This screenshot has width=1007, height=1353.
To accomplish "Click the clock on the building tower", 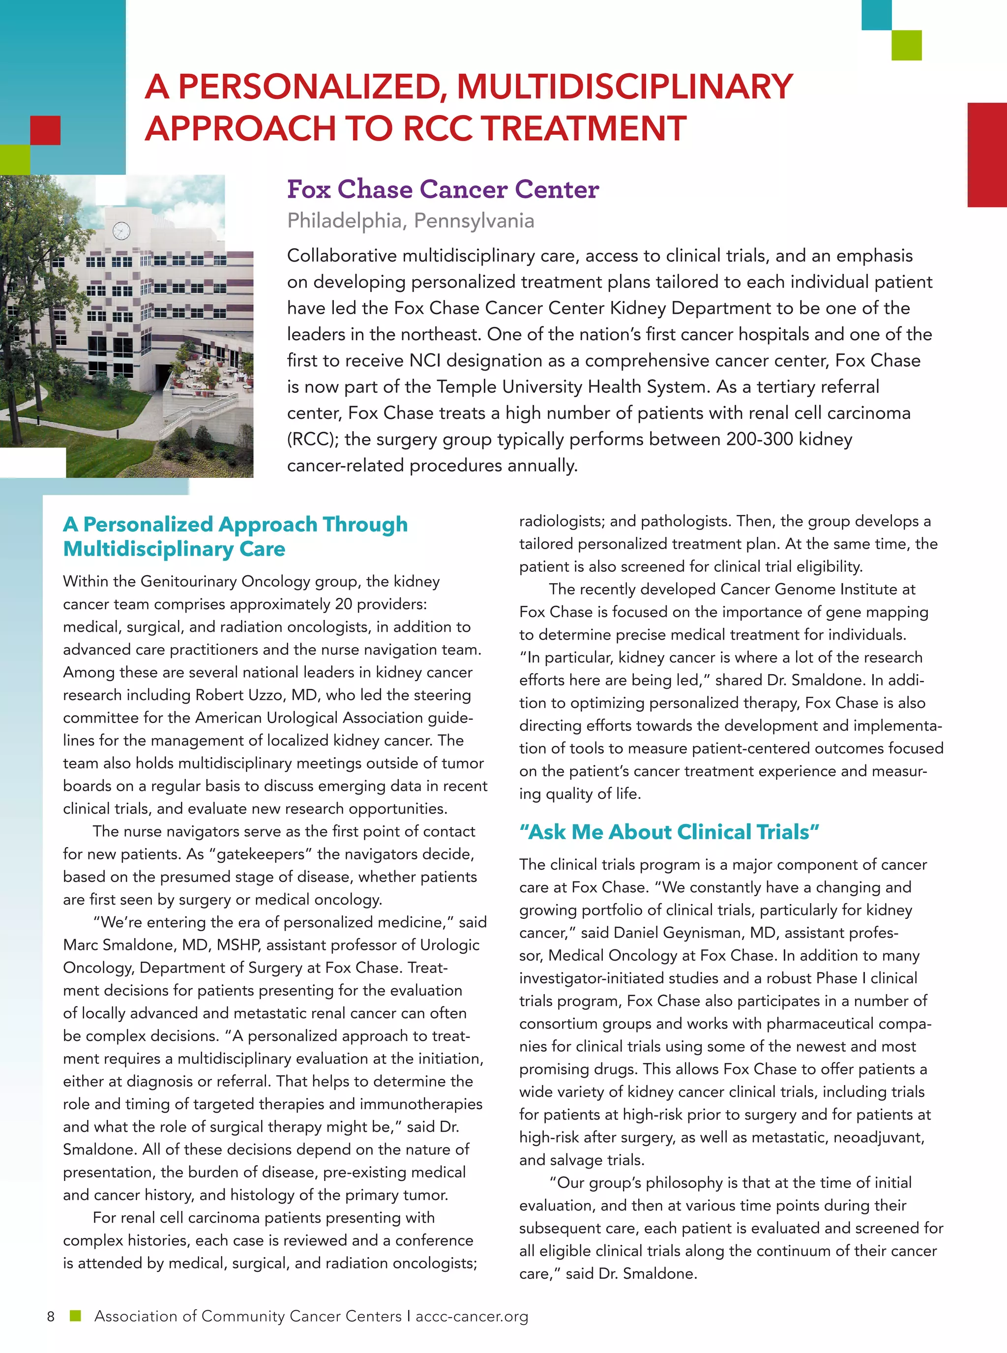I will [x=121, y=231].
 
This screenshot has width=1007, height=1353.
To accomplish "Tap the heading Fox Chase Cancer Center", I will [x=443, y=190].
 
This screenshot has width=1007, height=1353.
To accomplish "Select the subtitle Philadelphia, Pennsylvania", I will [x=410, y=221].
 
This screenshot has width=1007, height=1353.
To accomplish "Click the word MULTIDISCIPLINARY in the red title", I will [x=625, y=87].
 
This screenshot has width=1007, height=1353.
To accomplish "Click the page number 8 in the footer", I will [x=51, y=1317].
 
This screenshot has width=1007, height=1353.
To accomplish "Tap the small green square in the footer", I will [x=76, y=1316].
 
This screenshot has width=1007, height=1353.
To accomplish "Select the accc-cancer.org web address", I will [x=472, y=1317].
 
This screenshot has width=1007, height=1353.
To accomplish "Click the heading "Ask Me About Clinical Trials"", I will [x=669, y=832].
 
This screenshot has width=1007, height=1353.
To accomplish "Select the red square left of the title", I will [x=45, y=130].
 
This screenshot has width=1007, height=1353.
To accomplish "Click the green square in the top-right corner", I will [x=906, y=46].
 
